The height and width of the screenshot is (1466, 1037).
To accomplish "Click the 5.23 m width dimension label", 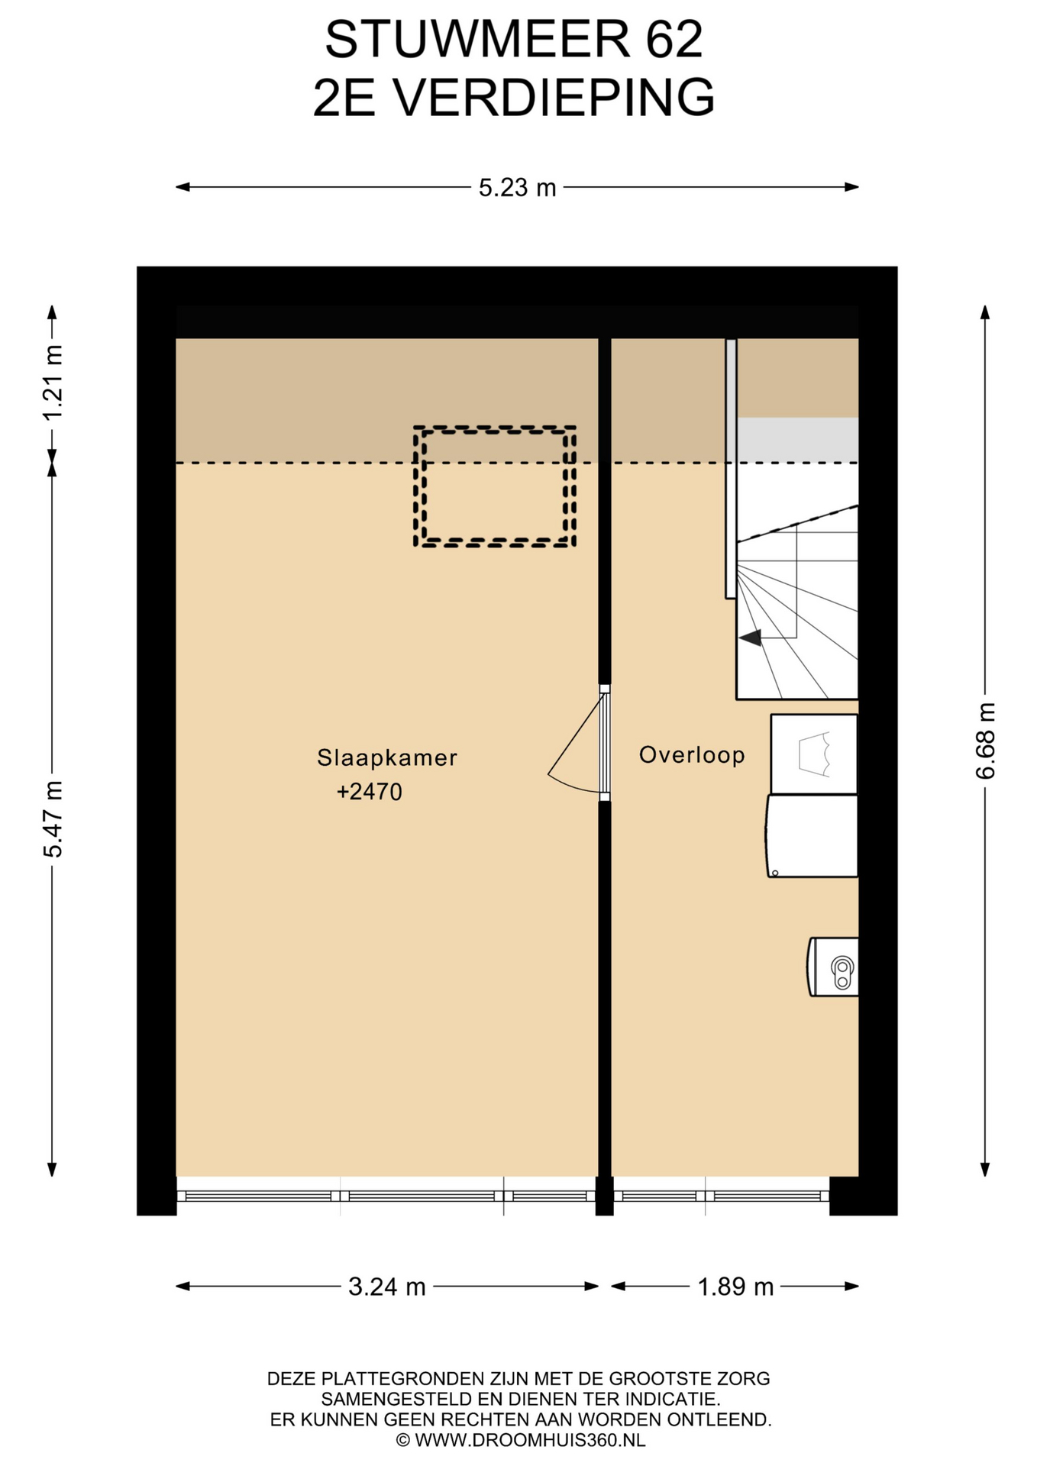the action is [517, 187].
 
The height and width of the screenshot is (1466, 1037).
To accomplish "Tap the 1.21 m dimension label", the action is [53, 383].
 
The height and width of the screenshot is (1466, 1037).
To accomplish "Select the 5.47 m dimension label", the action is [53, 819].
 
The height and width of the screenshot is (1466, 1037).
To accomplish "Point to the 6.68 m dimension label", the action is [985, 741].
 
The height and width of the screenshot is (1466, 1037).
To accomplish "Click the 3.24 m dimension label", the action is [386, 1287].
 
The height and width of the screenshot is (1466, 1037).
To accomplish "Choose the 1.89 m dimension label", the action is [735, 1287].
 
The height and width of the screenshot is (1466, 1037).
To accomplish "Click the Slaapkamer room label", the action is [387, 757].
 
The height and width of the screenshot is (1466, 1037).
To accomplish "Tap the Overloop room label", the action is [692, 755].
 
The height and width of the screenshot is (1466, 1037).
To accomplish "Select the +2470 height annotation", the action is [370, 792].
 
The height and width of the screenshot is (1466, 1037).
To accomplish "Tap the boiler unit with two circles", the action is [833, 967].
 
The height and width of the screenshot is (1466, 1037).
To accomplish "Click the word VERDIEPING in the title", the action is [554, 98].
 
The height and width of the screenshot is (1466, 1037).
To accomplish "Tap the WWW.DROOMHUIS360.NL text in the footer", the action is [531, 1440].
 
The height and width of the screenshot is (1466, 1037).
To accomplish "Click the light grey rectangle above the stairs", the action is [797, 439].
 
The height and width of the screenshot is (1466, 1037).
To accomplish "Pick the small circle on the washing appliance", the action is [775, 873].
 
